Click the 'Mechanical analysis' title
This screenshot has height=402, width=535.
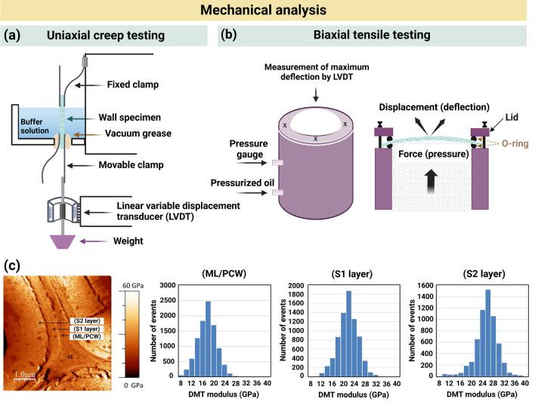click(267, 11)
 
